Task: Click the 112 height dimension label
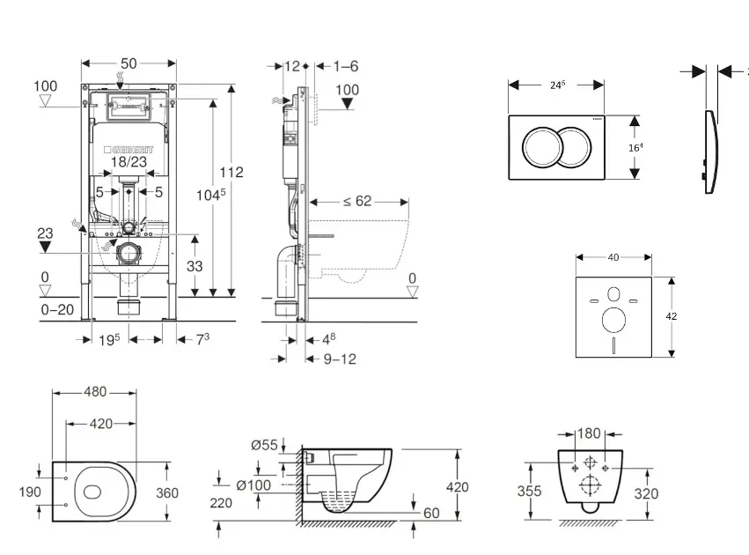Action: click(x=232, y=173)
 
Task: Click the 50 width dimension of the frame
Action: click(x=129, y=63)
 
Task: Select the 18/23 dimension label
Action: click(x=129, y=162)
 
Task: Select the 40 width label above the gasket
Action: click(x=613, y=257)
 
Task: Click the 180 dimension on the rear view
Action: click(x=590, y=433)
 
